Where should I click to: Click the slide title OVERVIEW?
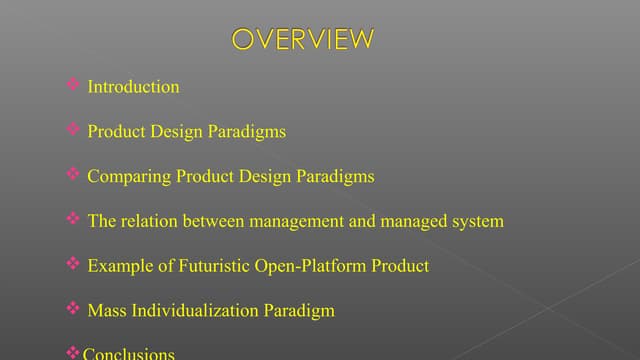303,39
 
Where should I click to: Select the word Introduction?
133,87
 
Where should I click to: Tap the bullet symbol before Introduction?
73,86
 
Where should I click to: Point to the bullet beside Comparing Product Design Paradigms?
73,175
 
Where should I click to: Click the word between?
214,221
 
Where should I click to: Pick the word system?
475,221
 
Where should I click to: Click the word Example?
117,266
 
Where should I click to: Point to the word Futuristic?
205,266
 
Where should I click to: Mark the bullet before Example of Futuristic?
73,264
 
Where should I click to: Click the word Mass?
107,311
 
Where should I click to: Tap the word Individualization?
194,311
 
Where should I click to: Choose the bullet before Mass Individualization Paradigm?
73,309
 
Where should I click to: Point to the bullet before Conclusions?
72,353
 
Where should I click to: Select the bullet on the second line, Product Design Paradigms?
73,130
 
